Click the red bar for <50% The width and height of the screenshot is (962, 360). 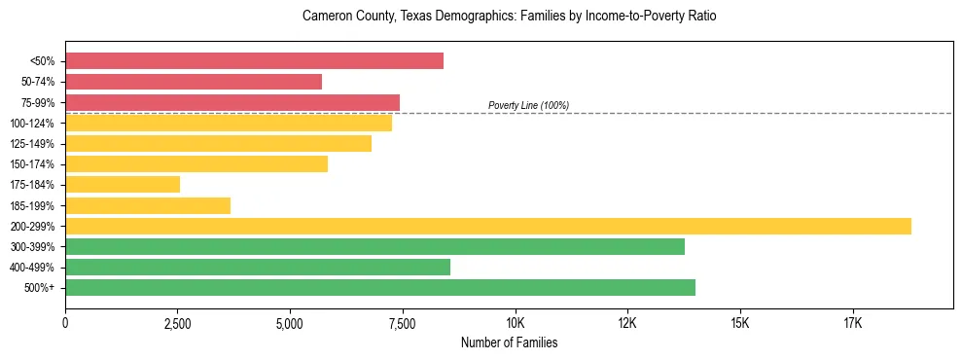pyautogui.click(x=254, y=61)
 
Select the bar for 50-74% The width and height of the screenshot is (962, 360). pyautogui.click(x=194, y=82)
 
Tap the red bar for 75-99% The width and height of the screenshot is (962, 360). pyautogui.click(x=232, y=102)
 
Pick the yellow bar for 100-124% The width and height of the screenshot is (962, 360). pyautogui.click(x=229, y=123)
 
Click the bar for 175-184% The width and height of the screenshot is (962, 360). pyautogui.click(x=123, y=184)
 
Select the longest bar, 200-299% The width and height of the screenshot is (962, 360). pyautogui.click(x=488, y=226)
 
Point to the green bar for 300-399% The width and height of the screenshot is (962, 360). pyautogui.click(x=374, y=246)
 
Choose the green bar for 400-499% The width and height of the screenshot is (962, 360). pyautogui.click(x=258, y=267)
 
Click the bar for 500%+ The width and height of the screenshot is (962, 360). pyautogui.click(x=380, y=287)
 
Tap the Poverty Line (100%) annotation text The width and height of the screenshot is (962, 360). pyautogui.click(x=528, y=105)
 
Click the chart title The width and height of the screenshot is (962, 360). pyautogui.click(x=509, y=17)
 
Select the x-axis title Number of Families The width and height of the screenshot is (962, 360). pyautogui.click(x=509, y=342)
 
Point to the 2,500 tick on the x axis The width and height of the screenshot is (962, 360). pyautogui.click(x=178, y=323)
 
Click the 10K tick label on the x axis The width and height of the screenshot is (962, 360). pyautogui.click(x=516, y=323)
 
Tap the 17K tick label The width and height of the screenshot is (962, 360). pyautogui.click(x=853, y=323)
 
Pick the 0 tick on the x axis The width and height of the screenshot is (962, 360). pyautogui.click(x=65, y=323)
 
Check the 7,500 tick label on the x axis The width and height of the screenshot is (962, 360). pyautogui.click(x=403, y=323)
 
